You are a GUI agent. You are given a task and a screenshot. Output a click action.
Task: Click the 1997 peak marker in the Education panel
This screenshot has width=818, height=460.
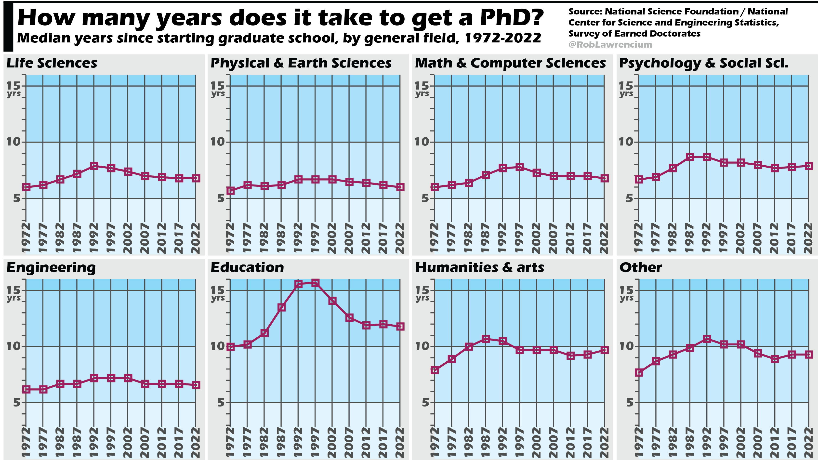tap(315, 283)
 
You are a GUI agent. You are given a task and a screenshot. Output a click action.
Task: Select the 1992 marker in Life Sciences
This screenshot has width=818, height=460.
tap(94, 166)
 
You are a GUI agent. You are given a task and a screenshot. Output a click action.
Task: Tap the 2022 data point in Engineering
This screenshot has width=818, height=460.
tap(196, 385)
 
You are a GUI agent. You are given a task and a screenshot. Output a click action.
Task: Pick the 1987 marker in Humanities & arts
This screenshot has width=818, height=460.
tap(486, 339)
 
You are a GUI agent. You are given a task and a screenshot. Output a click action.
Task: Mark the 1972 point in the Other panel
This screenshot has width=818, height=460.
tap(639, 373)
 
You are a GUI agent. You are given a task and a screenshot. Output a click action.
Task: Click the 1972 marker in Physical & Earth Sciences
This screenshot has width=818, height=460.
tap(231, 190)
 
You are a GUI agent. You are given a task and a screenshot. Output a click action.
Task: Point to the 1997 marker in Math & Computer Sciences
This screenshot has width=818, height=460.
tap(519, 167)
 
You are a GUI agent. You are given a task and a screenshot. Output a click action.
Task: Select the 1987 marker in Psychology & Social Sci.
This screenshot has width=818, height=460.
tap(690, 157)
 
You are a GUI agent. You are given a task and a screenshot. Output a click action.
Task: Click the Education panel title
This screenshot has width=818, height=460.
tap(247, 267)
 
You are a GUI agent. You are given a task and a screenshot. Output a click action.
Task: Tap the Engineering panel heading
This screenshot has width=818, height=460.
tap(51, 267)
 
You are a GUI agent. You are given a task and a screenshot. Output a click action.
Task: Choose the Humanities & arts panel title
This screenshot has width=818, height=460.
tap(479, 267)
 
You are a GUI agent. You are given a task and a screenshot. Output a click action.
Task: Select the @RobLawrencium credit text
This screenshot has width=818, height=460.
tap(610, 45)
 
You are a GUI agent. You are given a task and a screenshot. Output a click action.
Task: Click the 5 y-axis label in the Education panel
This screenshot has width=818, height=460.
tap(221, 403)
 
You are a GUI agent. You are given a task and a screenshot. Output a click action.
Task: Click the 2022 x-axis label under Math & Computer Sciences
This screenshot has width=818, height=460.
tap(604, 238)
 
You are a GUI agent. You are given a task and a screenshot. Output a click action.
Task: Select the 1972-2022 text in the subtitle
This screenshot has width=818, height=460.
tap(503, 38)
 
